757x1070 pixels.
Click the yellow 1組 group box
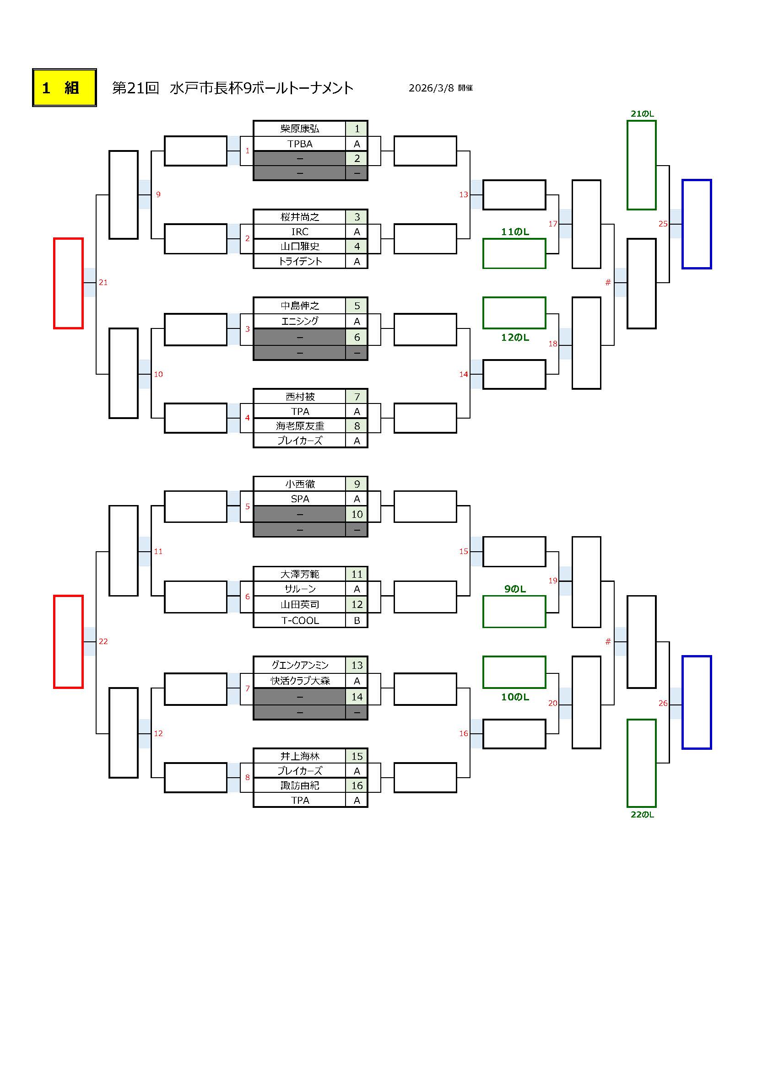point(65,88)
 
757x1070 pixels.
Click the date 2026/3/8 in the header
point(431,88)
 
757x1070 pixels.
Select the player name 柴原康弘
point(300,129)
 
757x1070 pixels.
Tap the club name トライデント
point(300,262)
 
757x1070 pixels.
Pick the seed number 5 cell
point(357,306)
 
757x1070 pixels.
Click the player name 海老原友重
point(300,426)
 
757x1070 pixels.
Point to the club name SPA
point(300,499)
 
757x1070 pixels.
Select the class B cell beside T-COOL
point(357,620)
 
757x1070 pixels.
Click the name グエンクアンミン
point(300,665)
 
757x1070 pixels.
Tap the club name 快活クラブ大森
point(300,681)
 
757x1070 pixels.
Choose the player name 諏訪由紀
point(300,785)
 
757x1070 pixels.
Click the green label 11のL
point(514,231)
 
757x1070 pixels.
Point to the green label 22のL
point(642,815)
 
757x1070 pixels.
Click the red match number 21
point(103,282)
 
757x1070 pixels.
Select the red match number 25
point(663,224)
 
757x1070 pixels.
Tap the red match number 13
point(463,194)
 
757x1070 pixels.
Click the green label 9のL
point(514,589)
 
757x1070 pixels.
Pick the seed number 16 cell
point(357,785)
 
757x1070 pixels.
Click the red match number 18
point(553,344)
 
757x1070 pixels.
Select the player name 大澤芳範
point(300,574)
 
